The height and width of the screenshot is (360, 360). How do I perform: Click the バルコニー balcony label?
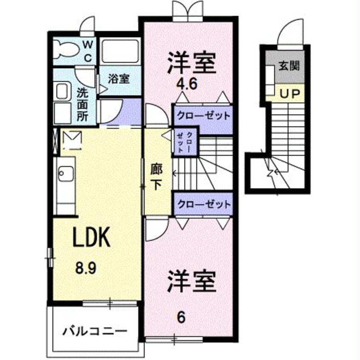pos(95,331)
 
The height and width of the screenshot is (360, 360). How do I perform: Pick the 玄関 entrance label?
pos(289,66)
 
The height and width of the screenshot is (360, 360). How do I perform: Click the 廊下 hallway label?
pos(156,178)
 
